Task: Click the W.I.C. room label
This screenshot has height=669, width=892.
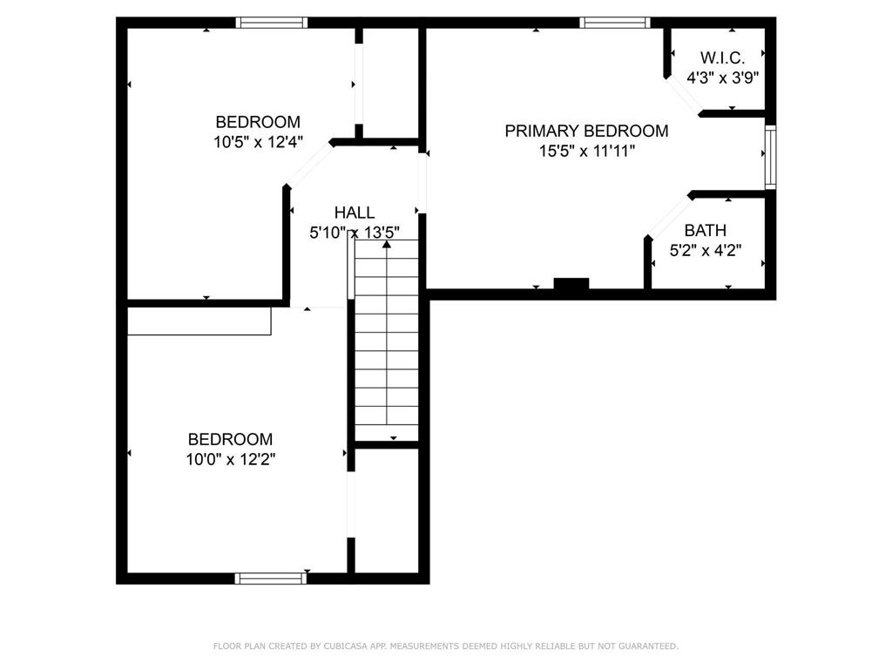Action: click(722, 57)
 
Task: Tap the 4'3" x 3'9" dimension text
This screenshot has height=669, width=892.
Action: click(722, 78)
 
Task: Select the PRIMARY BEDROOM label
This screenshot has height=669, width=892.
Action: click(586, 131)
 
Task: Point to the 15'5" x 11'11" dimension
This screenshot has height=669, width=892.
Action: click(586, 151)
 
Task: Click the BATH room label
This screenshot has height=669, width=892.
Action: click(706, 230)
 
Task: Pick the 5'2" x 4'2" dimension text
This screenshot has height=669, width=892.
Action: click(706, 250)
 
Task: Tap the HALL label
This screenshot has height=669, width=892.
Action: click(355, 213)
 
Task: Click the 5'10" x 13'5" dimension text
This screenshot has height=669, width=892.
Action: click(355, 232)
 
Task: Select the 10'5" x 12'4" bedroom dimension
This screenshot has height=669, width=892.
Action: click(258, 142)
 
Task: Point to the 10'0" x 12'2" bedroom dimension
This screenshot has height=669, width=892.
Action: click(230, 459)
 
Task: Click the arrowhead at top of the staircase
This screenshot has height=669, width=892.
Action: click(387, 244)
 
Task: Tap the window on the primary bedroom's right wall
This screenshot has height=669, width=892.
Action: click(770, 157)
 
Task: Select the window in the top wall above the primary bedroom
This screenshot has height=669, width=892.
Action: click(615, 23)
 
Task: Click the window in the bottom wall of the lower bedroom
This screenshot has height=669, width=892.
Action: click(271, 578)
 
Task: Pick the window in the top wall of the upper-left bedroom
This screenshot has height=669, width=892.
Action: click(272, 23)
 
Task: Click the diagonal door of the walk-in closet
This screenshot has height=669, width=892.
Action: click(683, 96)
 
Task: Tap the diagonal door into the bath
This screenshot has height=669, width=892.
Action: click(669, 217)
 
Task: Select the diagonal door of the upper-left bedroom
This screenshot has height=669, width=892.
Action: click(308, 164)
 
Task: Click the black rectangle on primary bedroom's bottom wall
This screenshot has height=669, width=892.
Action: click(571, 284)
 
